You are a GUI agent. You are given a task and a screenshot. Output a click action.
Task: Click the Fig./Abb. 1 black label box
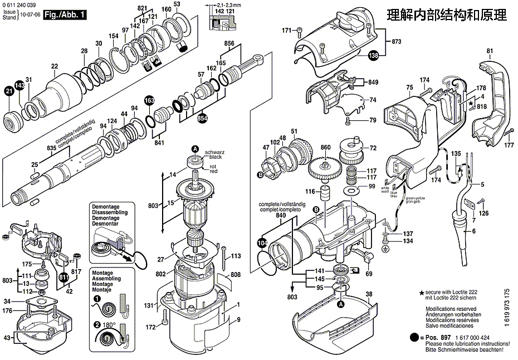(65, 13)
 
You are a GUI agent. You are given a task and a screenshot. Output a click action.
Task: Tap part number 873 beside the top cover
(397, 42)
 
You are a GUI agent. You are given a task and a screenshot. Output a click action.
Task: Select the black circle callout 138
(373, 55)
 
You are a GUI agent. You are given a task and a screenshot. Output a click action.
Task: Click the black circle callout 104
(262, 243)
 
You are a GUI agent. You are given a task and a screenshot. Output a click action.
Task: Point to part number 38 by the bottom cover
(369, 294)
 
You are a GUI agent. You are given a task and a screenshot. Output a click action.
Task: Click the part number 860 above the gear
(326, 148)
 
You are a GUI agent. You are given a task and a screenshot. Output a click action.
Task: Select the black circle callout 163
(149, 100)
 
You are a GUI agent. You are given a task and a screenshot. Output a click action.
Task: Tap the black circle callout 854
(202, 118)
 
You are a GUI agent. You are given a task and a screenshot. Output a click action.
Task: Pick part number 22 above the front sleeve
(54, 67)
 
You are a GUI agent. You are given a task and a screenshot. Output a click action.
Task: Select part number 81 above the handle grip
(490, 52)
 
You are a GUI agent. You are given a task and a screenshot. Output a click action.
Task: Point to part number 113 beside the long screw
(236, 256)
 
